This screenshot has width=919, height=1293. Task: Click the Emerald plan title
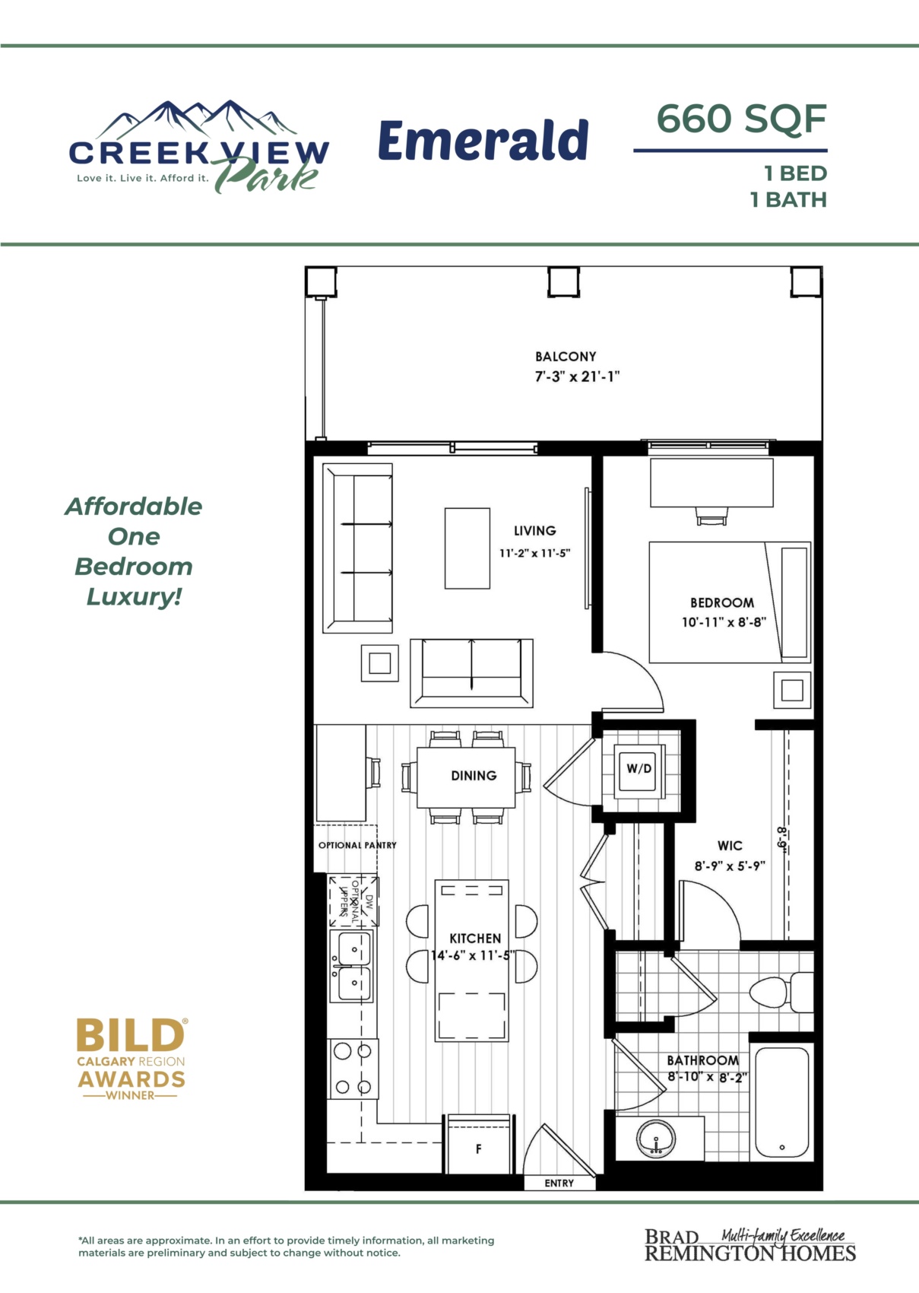coord(483,140)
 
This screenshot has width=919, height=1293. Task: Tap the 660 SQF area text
coord(741,119)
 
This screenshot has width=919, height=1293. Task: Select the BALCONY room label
coord(566,356)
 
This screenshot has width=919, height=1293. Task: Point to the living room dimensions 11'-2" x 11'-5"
coord(535,553)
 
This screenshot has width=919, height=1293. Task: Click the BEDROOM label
coord(722,602)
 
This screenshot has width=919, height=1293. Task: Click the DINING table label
coord(474,775)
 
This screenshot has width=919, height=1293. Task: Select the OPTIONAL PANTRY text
coord(358,845)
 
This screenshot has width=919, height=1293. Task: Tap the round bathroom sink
coord(656,1139)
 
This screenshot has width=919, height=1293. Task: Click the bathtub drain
coord(781,1148)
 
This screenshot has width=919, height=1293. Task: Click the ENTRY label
coord(559,1183)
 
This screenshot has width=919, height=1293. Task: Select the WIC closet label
coord(730,846)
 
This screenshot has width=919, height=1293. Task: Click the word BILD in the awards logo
coord(131,1035)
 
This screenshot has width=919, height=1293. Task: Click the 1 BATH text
coord(788,200)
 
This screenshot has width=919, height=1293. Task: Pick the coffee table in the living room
coord(467,548)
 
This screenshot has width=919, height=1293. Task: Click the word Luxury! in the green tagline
coord(134,596)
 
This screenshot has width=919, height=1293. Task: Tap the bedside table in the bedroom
coord(792,690)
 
